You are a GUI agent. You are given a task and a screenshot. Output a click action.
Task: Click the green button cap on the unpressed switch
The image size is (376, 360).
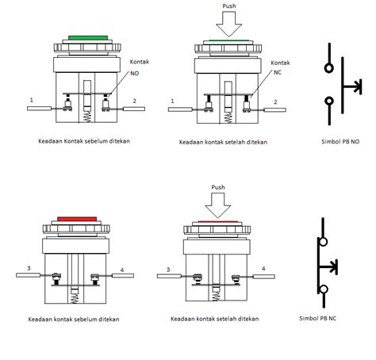[88, 38]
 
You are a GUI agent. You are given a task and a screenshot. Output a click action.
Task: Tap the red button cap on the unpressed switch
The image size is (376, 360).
[77, 219]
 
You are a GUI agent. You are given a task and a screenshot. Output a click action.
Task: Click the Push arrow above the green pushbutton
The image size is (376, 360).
[229, 24]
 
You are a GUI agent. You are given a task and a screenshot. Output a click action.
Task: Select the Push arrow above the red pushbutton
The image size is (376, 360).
[218, 205]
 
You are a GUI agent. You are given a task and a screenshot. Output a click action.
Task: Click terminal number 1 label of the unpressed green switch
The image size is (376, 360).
[32, 100]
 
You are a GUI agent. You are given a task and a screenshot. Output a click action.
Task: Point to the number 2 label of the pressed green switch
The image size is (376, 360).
[275, 102]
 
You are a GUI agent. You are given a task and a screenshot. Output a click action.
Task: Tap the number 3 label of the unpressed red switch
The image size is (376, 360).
[29, 268]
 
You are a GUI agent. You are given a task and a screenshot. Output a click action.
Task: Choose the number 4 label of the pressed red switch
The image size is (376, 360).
[263, 269]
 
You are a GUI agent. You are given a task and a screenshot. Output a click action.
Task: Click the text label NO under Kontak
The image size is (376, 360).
[135, 73]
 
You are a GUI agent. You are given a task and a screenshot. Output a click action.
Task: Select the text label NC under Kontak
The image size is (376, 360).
[278, 72]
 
